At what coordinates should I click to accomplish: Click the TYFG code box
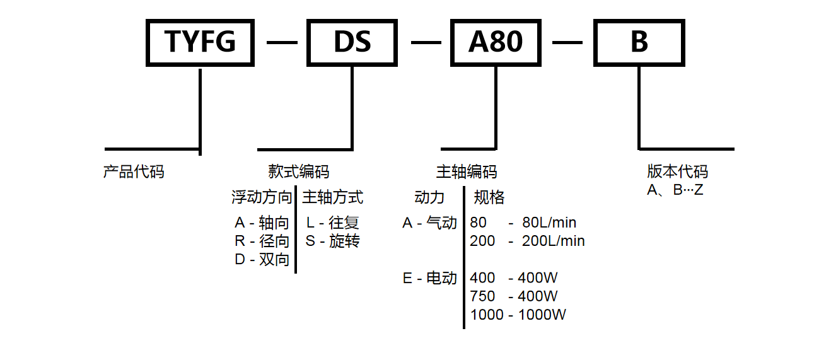pyautogui.click(x=200, y=42)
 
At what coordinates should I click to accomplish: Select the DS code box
pyautogui.click(x=352, y=42)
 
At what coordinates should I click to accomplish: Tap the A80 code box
pyautogui.click(x=496, y=42)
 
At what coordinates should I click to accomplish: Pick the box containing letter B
pyautogui.click(x=639, y=42)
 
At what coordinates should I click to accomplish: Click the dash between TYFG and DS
pyautogui.click(x=281, y=42)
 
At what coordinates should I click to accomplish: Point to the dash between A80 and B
pyautogui.click(x=567, y=42)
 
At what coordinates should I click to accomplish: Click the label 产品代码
pyautogui.click(x=134, y=171)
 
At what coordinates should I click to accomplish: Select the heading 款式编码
pyautogui.click(x=298, y=171)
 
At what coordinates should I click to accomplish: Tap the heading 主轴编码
pyautogui.click(x=466, y=171)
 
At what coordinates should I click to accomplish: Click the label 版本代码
pyautogui.click(x=677, y=171)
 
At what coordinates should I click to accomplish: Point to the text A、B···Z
pyautogui.click(x=675, y=189)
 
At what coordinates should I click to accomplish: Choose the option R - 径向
pyautogui.click(x=262, y=241)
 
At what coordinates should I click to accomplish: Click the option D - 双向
pyautogui.click(x=262, y=259)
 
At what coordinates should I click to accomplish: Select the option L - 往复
pyautogui.click(x=332, y=223)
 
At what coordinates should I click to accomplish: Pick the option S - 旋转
pyautogui.click(x=332, y=241)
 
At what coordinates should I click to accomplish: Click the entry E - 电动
pyautogui.click(x=429, y=278)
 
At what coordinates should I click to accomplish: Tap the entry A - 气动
pyautogui.click(x=429, y=223)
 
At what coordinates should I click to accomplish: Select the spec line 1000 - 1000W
pyautogui.click(x=518, y=315)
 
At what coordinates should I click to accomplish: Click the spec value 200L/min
pyautogui.click(x=553, y=241)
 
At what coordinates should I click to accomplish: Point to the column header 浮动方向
pyautogui.click(x=262, y=197)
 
